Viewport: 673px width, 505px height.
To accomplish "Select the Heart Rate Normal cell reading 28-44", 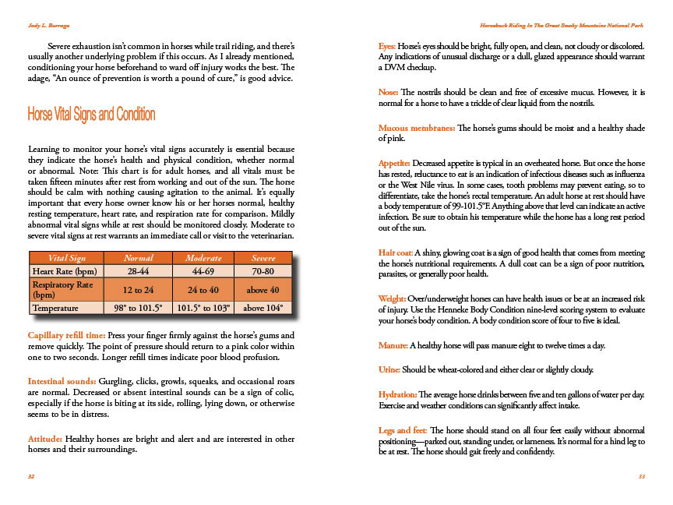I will (139, 271).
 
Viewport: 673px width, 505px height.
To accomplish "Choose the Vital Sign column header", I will (67, 258).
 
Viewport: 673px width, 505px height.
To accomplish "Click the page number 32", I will (31, 476).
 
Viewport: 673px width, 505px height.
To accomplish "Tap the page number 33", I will (641, 476).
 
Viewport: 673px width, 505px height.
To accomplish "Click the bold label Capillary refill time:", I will (69, 335).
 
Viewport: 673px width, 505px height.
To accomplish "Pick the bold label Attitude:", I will (45, 439).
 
